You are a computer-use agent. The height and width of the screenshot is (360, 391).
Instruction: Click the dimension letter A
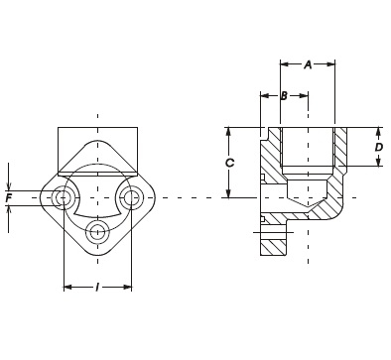308,64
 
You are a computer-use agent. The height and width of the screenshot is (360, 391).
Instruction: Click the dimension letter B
284,96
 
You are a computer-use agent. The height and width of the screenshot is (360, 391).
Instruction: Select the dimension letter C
229,163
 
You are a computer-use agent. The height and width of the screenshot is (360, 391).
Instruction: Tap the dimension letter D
379,147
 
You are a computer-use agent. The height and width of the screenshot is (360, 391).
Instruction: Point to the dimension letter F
9,198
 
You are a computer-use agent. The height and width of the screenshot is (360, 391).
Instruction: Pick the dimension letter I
97,288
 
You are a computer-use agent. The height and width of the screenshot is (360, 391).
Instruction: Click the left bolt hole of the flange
63,198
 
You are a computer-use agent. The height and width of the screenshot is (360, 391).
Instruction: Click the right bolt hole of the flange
131,198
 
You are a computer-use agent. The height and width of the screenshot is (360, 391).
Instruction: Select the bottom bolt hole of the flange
97,231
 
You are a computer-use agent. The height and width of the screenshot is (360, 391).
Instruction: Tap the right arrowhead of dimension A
331,64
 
